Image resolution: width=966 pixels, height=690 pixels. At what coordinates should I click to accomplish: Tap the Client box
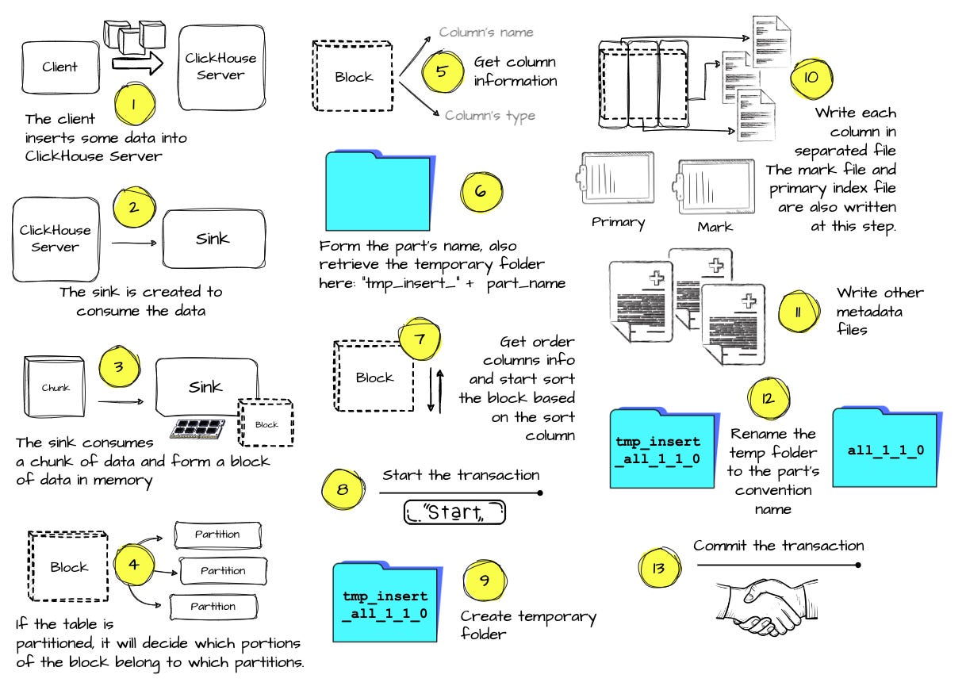[60, 67]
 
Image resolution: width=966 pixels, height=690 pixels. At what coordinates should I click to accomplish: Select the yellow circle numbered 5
[442, 70]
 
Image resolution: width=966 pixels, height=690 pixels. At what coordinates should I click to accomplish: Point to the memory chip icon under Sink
[202, 427]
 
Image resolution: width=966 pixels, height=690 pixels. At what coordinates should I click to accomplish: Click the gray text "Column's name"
[486, 33]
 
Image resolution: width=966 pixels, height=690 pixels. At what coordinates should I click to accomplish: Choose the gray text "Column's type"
[489, 116]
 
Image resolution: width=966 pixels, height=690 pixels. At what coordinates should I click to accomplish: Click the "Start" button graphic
[454, 512]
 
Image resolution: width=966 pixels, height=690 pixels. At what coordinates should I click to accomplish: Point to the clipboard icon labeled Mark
[714, 186]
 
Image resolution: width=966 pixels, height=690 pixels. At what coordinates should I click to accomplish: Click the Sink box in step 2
[213, 238]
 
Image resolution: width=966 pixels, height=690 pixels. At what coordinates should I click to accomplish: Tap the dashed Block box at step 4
[69, 567]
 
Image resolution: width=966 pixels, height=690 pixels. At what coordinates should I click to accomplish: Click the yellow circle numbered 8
[342, 489]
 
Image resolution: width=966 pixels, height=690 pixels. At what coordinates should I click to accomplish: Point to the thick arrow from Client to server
[136, 64]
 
